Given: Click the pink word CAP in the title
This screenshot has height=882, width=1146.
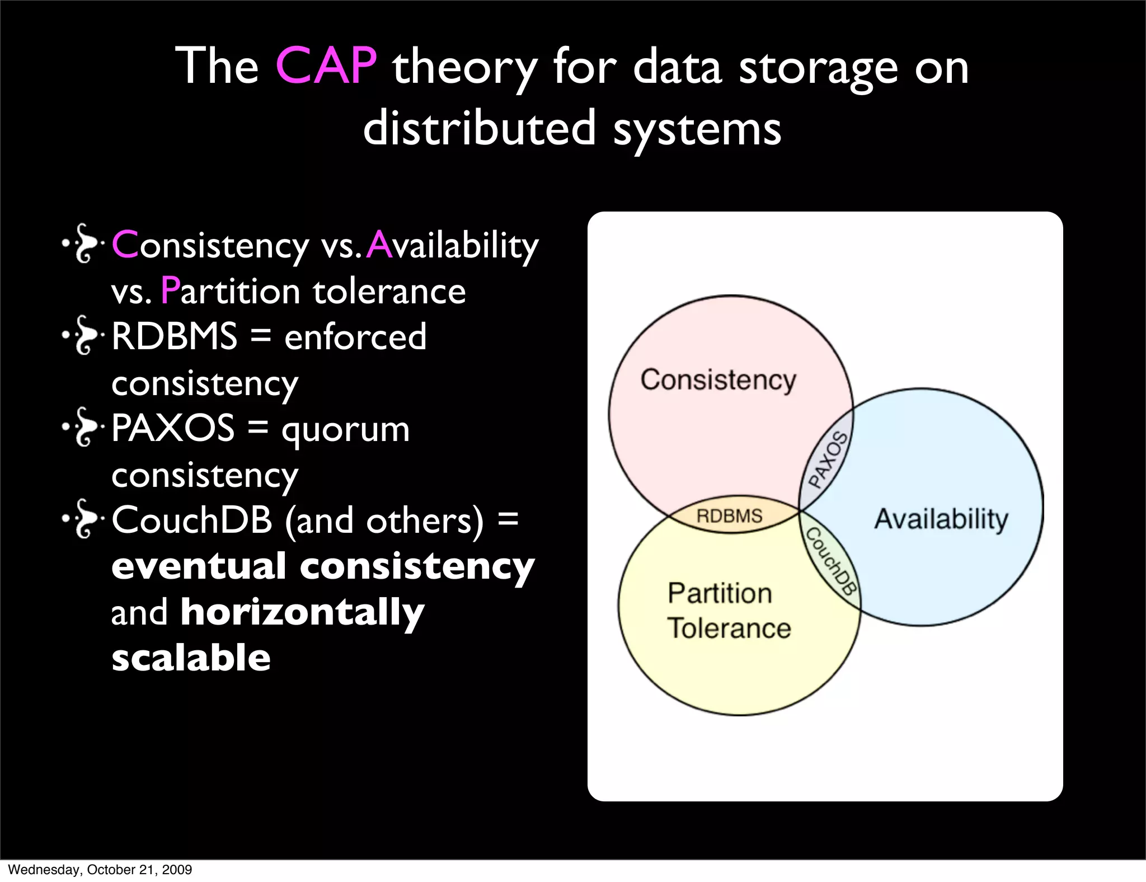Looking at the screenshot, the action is pos(326,66).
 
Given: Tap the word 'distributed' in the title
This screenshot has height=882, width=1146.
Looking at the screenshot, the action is pos(480,128).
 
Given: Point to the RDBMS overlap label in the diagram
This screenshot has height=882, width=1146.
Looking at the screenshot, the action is pos(729,515).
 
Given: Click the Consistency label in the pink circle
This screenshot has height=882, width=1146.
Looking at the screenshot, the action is pos(718,381).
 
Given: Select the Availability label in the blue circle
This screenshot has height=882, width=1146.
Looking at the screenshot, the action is pos(941,519).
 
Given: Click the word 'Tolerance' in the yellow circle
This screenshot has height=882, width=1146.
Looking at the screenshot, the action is pos(729,628).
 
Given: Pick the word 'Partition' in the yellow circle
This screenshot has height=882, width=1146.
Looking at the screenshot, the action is pos(720,593).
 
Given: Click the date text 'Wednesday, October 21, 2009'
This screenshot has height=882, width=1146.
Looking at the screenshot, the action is pos(100,870).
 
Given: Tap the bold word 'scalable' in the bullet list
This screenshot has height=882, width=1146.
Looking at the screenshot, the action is pos(191,657).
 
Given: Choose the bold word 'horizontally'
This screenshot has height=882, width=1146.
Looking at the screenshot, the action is pos(302,612).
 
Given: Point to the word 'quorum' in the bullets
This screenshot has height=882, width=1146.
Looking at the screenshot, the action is pos(345,429).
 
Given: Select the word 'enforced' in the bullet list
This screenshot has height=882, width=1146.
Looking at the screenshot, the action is pos(355,336).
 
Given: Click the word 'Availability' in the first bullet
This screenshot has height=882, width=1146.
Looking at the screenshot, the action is pos(453,246).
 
